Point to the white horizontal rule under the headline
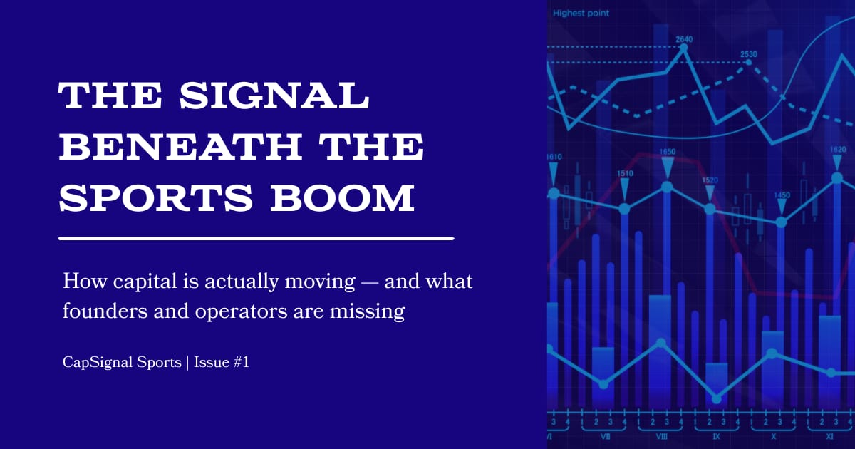click(x=256, y=238)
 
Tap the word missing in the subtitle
click(x=374, y=311)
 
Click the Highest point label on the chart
click(x=580, y=13)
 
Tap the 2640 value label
click(x=684, y=38)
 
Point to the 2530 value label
click(x=748, y=54)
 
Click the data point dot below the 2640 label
click(x=684, y=48)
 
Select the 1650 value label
click(x=668, y=152)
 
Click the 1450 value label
click(x=782, y=195)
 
